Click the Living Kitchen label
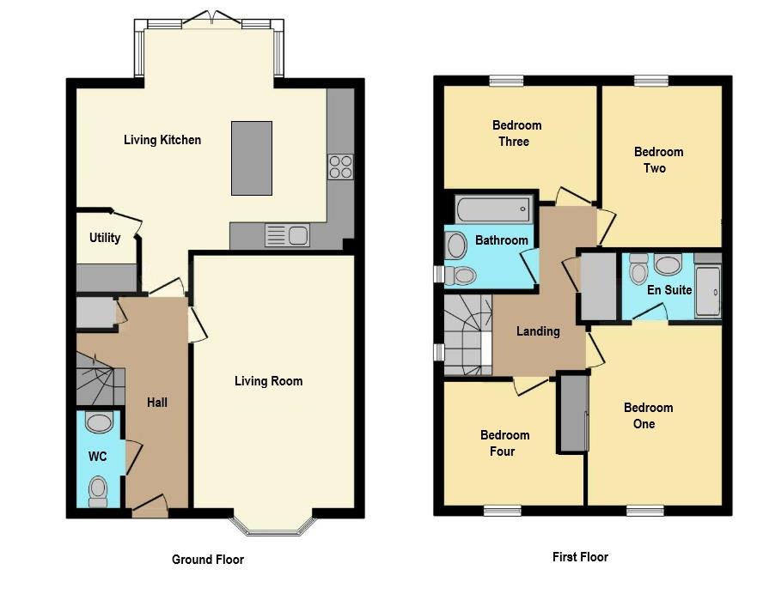(x=162, y=140)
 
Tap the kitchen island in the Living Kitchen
(x=251, y=158)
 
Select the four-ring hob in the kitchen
(x=340, y=166)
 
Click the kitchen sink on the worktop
(x=287, y=234)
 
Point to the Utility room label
(x=105, y=238)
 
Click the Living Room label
(x=268, y=381)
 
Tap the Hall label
(x=157, y=403)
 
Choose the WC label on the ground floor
(x=98, y=457)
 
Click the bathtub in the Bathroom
(x=491, y=209)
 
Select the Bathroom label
(x=502, y=240)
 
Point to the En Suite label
(x=669, y=290)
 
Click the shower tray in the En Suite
(x=707, y=292)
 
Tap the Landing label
(x=538, y=331)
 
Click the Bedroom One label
(x=649, y=415)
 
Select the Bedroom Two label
(x=658, y=160)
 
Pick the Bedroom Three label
(x=516, y=133)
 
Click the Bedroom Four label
(x=504, y=443)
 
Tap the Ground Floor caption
(x=208, y=560)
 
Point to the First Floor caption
(x=580, y=557)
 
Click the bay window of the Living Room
(x=273, y=525)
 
